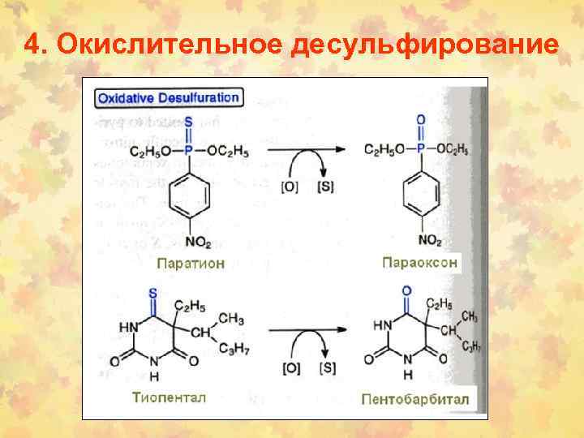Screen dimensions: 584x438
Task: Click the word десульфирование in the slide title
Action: click(423, 44)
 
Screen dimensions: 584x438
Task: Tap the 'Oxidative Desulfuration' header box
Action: click(169, 98)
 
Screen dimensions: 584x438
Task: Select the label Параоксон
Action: click(419, 263)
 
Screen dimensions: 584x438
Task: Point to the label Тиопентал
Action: click(170, 397)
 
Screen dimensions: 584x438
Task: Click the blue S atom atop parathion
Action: click(189, 123)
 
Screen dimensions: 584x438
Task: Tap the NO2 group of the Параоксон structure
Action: click(420, 240)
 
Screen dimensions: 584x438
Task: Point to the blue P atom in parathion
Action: click(189, 150)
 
